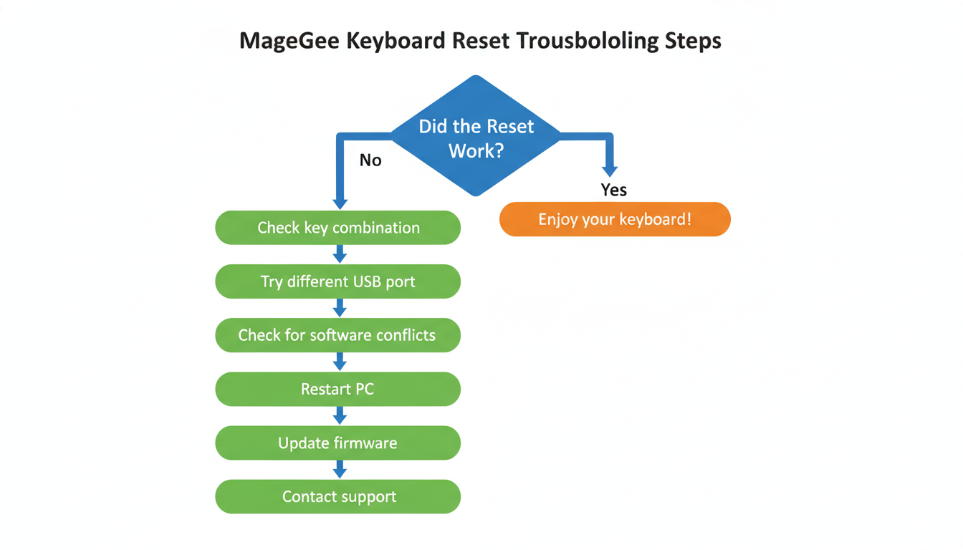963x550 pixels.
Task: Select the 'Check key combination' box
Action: (337, 228)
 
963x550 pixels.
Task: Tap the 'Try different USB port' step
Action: (337, 281)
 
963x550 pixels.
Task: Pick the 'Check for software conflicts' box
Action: (337, 335)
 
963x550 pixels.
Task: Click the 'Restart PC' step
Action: (337, 390)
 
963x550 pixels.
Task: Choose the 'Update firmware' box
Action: (337, 443)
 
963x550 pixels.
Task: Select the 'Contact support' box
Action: (337, 497)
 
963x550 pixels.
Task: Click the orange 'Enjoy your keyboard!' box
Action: (615, 219)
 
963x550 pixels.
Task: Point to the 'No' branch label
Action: (370, 160)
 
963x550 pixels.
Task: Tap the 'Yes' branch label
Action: (614, 190)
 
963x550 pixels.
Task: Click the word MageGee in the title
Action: (289, 41)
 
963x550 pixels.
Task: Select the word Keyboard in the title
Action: (396, 41)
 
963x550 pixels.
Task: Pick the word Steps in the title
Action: (692, 41)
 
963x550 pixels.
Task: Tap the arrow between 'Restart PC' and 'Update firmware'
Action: (340, 416)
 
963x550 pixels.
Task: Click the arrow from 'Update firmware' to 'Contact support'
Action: (340, 470)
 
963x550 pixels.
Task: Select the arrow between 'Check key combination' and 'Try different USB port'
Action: (340, 254)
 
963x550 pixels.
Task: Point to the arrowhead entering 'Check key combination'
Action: (340, 203)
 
